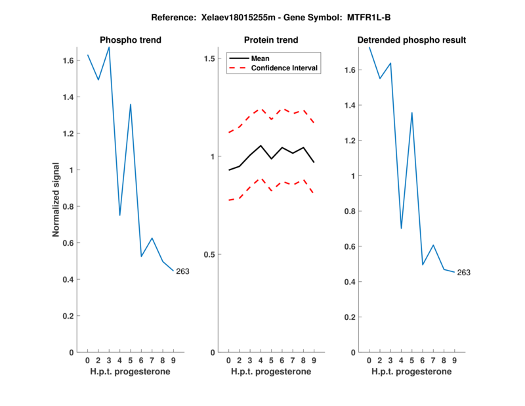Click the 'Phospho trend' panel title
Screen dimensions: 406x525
pyautogui.click(x=130, y=40)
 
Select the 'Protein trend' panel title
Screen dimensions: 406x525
pyautogui.click(x=271, y=40)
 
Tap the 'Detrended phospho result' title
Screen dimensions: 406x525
pyautogui.click(x=411, y=40)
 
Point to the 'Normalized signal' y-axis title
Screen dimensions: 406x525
pyautogui.click(x=57, y=200)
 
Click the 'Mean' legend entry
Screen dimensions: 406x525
pyautogui.click(x=260, y=58)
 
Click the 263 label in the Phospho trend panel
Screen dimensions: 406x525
pyautogui.click(x=182, y=271)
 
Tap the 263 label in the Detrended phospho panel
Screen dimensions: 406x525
pyautogui.click(x=464, y=273)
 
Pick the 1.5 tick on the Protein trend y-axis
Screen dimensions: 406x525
pyautogui.click(x=211, y=58)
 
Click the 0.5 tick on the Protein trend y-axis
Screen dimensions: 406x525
pyautogui.click(x=211, y=254)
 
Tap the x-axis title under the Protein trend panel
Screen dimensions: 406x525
pyautogui.click(x=271, y=372)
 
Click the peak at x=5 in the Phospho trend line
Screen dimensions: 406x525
pyautogui.click(x=131, y=104)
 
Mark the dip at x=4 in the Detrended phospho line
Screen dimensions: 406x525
pyautogui.click(x=401, y=228)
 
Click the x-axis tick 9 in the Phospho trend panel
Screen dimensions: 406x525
pyautogui.click(x=173, y=360)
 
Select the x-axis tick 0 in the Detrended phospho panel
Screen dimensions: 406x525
pyautogui.click(x=369, y=360)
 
